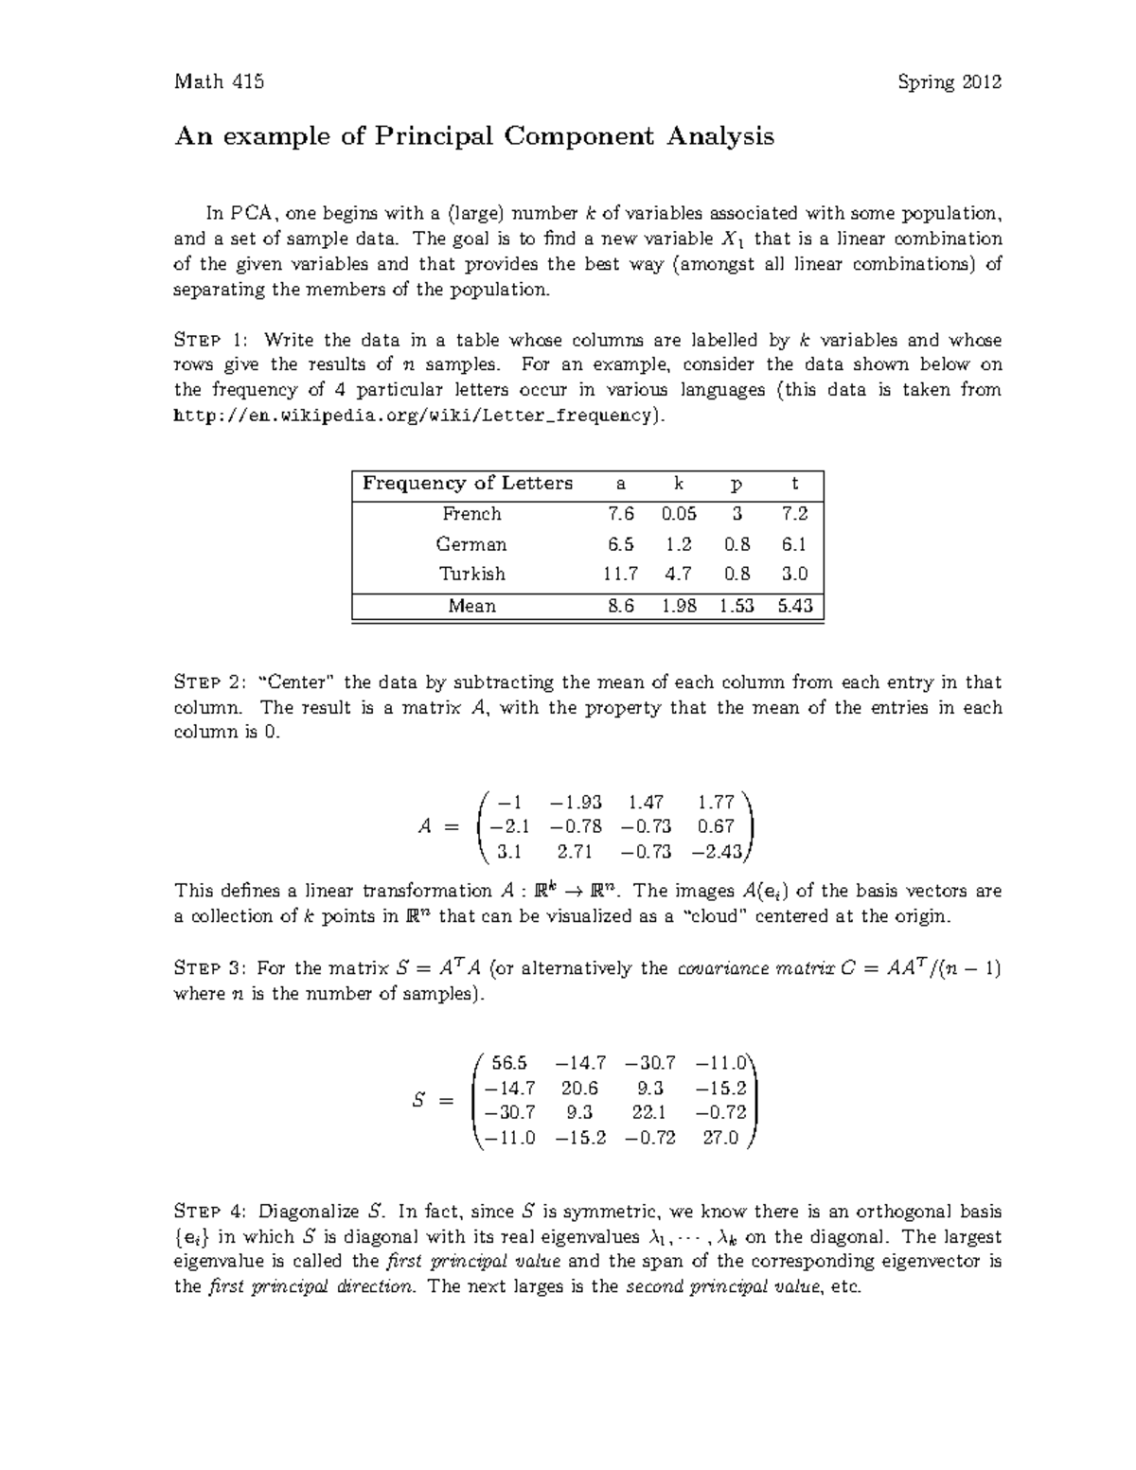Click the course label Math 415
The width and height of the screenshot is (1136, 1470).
219,82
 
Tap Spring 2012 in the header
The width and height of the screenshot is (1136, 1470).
950,82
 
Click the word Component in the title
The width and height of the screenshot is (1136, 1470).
577,137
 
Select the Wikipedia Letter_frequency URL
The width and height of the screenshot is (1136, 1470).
413,416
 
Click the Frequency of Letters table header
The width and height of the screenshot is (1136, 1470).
468,484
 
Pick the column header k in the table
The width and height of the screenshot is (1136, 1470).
678,484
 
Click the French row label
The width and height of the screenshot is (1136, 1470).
471,514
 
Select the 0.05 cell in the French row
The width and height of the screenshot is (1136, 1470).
679,514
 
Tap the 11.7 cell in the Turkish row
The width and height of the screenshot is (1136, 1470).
620,575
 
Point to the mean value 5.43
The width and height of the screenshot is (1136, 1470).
794,606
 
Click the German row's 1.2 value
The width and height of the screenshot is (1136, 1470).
679,544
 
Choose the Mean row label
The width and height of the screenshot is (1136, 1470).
471,606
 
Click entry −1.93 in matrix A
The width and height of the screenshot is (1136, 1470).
576,803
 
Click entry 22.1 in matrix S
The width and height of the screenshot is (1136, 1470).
649,1113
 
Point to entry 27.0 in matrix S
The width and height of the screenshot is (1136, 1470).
720,1138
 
